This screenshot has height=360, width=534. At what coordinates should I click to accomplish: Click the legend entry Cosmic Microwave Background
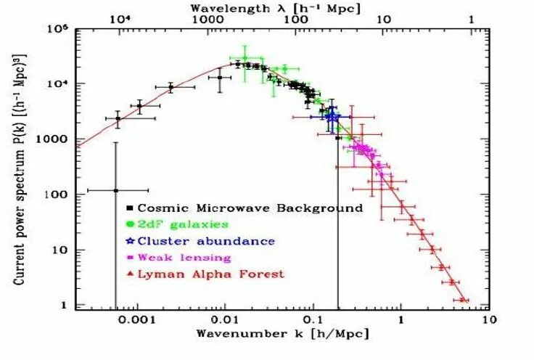click(x=250, y=208)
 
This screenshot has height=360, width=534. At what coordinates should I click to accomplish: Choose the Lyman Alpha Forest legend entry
click(x=211, y=274)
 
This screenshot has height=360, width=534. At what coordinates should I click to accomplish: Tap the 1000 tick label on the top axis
click(x=208, y=19)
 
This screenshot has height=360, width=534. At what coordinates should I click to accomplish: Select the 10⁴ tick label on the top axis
click(x=118, y=19)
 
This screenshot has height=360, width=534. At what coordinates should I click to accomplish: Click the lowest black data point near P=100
click(x=115, y=190)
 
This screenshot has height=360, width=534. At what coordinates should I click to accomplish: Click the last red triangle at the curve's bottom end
click(x=462, y=299)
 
